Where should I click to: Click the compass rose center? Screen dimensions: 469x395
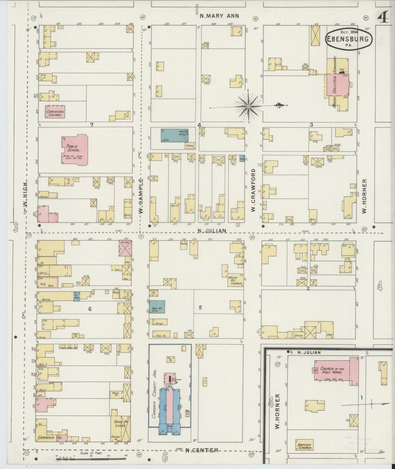pos(248,106)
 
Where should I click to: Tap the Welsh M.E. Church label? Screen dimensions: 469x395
pos(236,281)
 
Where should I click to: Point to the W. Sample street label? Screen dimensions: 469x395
pos(141,196)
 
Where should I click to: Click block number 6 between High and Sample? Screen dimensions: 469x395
pos(90,309)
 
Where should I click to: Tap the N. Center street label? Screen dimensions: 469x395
pos(201,450)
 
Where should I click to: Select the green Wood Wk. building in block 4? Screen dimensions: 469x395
pos(174,135)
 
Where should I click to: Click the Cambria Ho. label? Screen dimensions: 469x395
pos(49,437)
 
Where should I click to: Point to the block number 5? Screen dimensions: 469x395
pos(200,308)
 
